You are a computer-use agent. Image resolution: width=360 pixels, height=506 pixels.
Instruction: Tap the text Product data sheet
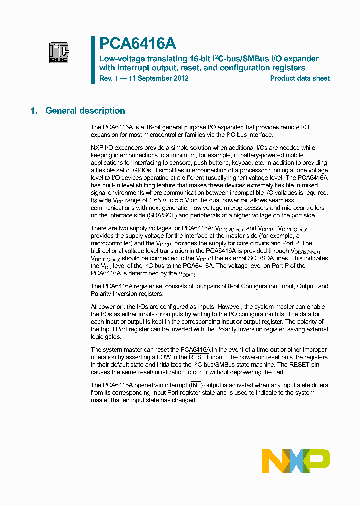point(300,78)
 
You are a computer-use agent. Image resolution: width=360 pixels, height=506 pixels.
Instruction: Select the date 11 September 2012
point(157,78)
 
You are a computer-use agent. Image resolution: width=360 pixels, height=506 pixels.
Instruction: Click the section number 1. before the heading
point(34,111)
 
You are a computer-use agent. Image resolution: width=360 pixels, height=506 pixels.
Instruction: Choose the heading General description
point(85,111)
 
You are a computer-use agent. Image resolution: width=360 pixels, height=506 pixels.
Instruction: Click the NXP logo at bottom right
point(296,461)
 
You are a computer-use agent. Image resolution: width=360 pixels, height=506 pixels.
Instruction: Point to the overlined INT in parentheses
point(196,385)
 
